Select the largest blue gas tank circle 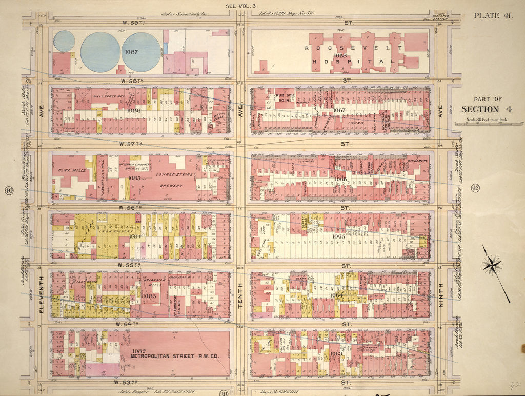pos(100,52)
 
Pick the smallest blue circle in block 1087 pos(64,41)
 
